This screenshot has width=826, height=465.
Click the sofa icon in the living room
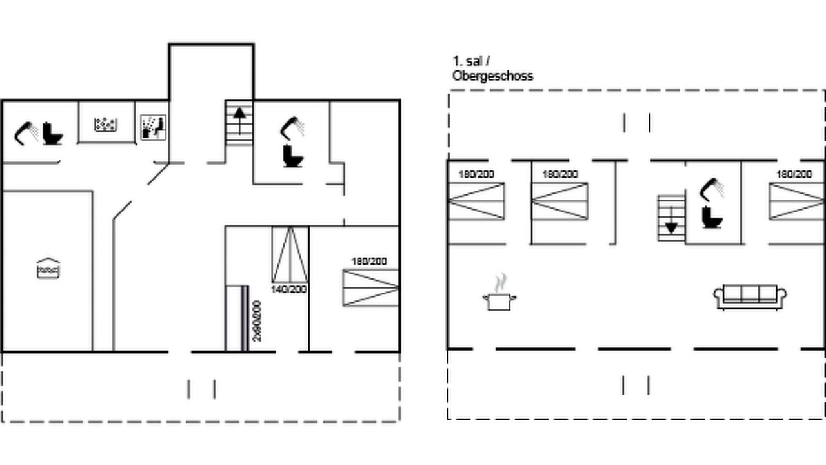[x=750, y=296]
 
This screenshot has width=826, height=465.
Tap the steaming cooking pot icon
[x=499, y=293]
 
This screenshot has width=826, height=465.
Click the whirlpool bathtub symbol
[x=106, y=125]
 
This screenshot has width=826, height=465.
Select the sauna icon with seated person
[x=154, y=127]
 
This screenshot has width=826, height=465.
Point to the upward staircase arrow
[x=239, y=121]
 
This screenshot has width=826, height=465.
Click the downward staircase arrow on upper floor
[x=671, y=220]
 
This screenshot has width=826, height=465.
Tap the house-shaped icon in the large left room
[x=48, y=268]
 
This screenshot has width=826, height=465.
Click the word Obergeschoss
[x=492, y=76]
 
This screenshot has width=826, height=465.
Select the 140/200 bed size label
[x=288, y=289]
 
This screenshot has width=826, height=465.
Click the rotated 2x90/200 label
[x=257, y=321]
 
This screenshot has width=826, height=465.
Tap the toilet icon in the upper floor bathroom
[x=712, y=217]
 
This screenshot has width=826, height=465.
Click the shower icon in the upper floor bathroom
[x=711, y=190]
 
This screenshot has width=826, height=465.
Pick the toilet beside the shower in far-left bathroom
[x=53, y=134]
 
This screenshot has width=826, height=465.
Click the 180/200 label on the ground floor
[x=368, y=262]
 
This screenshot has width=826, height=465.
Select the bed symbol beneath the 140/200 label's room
[x=290, y=254]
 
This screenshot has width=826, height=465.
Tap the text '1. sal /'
[x=471, y=61]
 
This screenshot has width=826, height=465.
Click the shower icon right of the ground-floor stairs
[x=292, y=128]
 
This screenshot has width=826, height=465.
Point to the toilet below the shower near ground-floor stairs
[x=293, y=156]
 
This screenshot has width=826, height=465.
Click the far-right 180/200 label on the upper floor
[x=794, y=174]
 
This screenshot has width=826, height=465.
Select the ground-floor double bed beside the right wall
[x=370, y=288]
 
